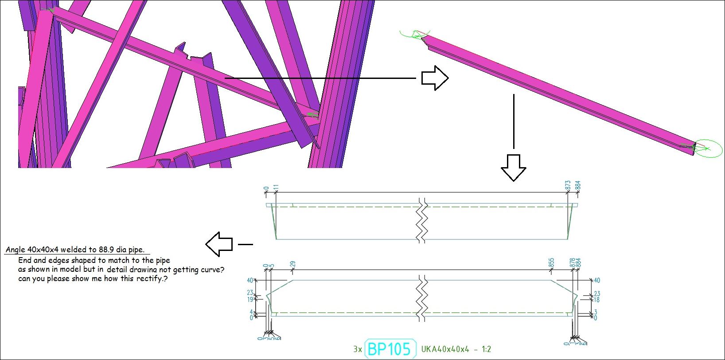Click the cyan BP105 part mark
[390, 349]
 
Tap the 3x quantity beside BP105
[358, 349]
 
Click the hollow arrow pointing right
[435, 78]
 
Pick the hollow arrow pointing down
[513, 168]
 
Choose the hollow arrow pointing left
[219, 244]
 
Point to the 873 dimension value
[568, 185]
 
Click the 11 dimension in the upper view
[276, 188]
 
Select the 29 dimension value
[292, 264]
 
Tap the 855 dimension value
[551, 262]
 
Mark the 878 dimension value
[572, 262]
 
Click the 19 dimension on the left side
[250, 299]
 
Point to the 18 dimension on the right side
[596, 300]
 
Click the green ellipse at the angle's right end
[708, 149]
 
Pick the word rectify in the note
[151, 278]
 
